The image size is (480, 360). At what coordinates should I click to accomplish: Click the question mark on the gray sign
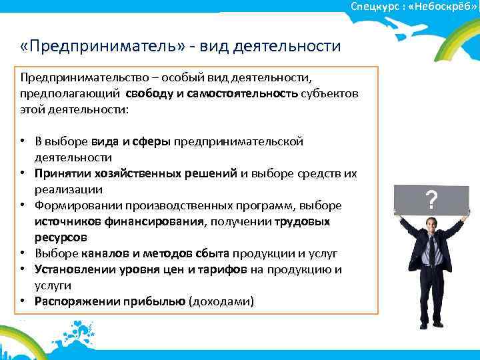coord(432,199)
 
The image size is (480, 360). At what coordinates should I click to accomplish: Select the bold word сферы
coord(153,141)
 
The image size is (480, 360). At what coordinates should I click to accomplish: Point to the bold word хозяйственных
coord(147,173)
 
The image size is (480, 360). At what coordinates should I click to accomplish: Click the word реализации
coord(64,189)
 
